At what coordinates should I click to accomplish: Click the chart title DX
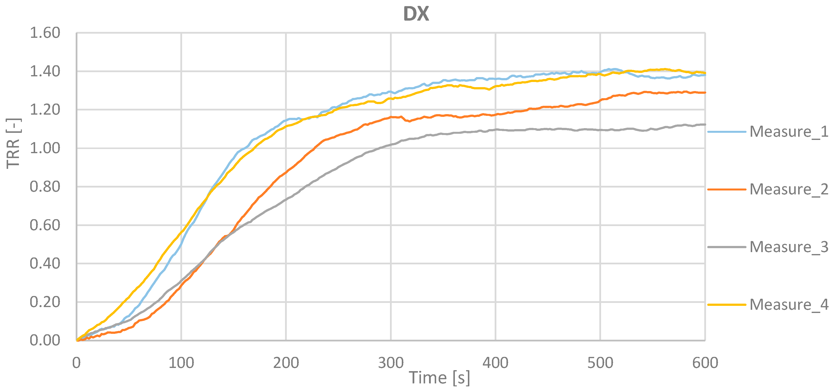click(416, 14)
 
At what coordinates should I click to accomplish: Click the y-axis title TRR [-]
click(14, 143)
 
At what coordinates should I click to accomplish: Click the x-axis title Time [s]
click(439, 378)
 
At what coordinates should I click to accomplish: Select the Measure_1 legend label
click(789, 132)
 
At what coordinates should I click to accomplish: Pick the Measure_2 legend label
click(789, 189)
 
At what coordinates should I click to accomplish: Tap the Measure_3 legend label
click(789, 247)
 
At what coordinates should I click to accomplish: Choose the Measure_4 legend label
click(789, 305)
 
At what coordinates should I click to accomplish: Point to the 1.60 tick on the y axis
click(45, 33)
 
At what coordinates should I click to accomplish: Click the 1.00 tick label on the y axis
click(45, 148)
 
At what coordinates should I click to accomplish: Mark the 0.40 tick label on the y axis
click(45, 263)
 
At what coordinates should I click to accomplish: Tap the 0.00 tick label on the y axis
click(45, 340)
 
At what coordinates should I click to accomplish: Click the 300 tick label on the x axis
click(391, 363)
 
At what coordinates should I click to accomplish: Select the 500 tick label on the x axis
click(600, 363)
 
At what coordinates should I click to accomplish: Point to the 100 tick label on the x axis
click(181, 363)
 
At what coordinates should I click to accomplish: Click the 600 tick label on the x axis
click(705, 363)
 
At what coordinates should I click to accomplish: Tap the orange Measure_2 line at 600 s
click(704, 93)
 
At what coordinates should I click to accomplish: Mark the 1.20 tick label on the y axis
click(45, 110)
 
